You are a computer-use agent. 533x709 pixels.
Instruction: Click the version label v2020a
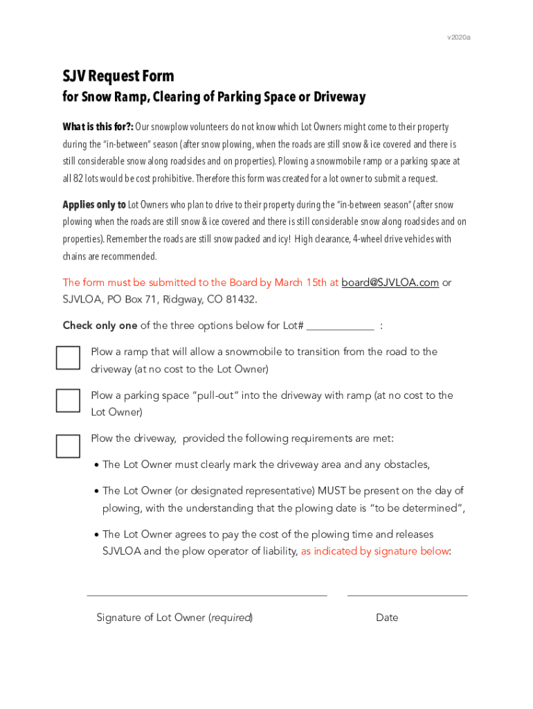[459, 37]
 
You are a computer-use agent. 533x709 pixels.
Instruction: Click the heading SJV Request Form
[118, 75]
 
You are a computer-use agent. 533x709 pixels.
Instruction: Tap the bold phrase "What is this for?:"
[98, 127]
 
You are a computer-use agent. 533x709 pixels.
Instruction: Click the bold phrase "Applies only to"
[94, 205]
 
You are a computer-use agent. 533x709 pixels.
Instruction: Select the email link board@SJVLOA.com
[390, 282]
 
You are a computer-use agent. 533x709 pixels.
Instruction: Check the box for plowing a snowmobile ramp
[68, 357]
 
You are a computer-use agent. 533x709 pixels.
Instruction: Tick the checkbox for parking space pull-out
[68, 401]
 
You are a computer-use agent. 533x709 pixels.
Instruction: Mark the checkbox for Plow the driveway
[68, 445]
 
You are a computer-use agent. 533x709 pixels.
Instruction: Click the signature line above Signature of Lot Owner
[206, 595]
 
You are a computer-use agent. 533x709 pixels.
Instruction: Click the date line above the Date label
[407, 595]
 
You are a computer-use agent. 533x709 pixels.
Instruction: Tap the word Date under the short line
[387, 618]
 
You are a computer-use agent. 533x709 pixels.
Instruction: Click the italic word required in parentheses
[231, 618]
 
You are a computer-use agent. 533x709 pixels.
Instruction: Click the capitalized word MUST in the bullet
[332, 491]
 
